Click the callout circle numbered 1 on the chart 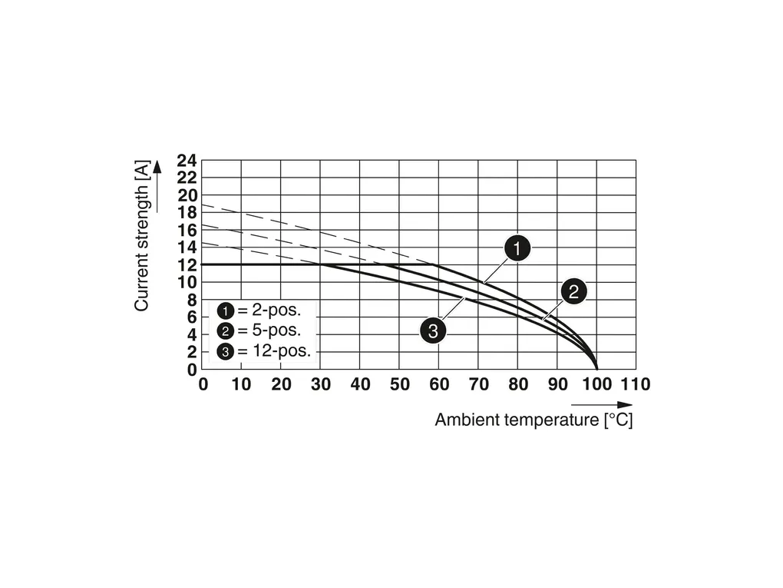click(517, 249)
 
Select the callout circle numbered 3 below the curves click(433, 331)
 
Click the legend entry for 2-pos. click(259, 311)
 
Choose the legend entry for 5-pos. click(259, 331)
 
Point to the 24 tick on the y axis click(187, 161)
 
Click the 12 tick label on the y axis click(187, 265)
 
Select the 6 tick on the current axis click(191, 317)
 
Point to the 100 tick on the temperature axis click(596, 384)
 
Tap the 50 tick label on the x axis click(400, 384)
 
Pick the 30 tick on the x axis click(321, 384)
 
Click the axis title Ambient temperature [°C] click(534, 420)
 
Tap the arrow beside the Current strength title click(157, 185)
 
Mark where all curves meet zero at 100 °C click(596, 369)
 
